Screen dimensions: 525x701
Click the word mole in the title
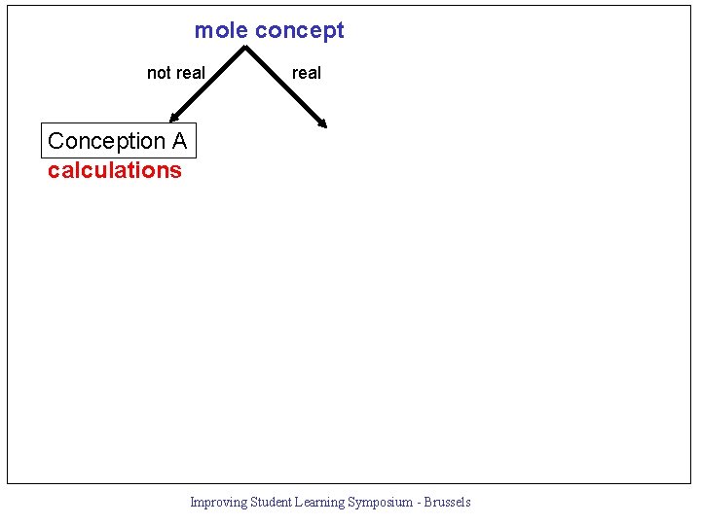click(x=221, y=30)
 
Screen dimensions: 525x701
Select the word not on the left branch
click(x=160, y=73)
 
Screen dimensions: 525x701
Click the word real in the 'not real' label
click(x=190, y=73)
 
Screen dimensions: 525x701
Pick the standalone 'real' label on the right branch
click(x=307, y=73)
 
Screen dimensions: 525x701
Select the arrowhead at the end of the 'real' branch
click(x=322, y=122)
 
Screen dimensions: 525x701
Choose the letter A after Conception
click(x=179, y=141)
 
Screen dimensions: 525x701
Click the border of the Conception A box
click(x=42, y=141)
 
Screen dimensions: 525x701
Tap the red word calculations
click(x=115, y=170)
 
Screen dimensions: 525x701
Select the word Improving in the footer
click(x=218, y=503)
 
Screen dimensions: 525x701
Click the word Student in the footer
click(x=272, y=503)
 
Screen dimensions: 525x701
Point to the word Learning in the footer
click(x=322, y=503)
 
